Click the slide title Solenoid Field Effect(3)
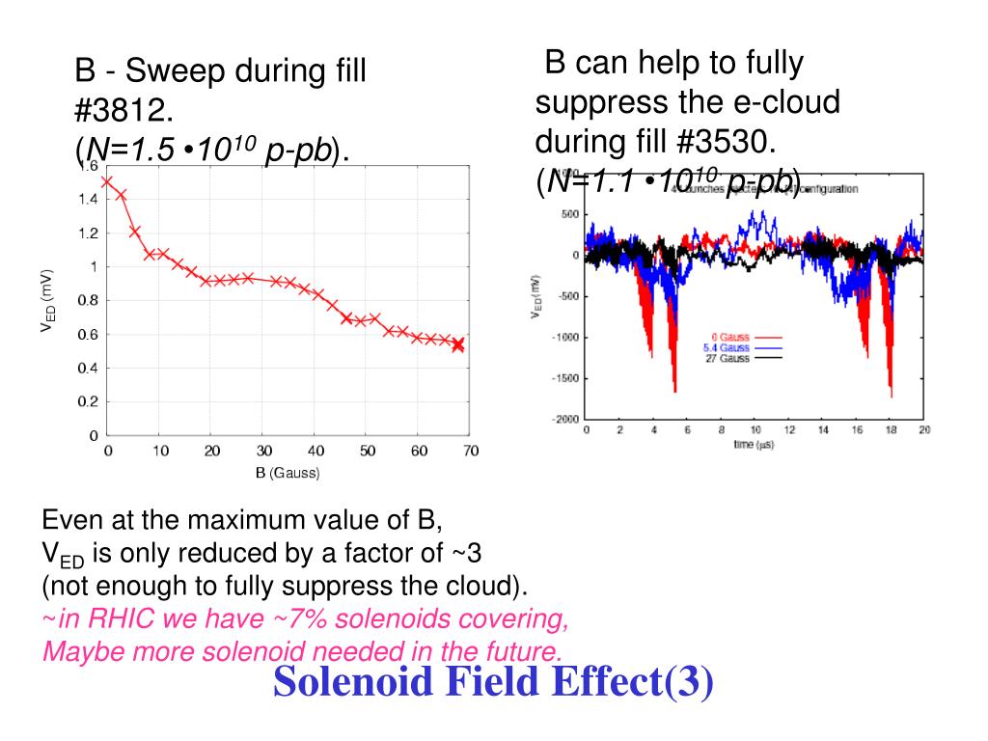493,681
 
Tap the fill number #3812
124,111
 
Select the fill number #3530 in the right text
725,142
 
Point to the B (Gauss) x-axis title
288,473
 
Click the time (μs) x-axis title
753,445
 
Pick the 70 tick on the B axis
470,451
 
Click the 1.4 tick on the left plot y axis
88,200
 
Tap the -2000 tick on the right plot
565,419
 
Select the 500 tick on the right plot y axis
569,214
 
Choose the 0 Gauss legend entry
729,338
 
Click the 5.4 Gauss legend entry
727,347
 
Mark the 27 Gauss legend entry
728,358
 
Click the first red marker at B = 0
107,180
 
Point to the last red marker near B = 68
458,344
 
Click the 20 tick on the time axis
924,430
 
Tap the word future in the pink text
517,650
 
